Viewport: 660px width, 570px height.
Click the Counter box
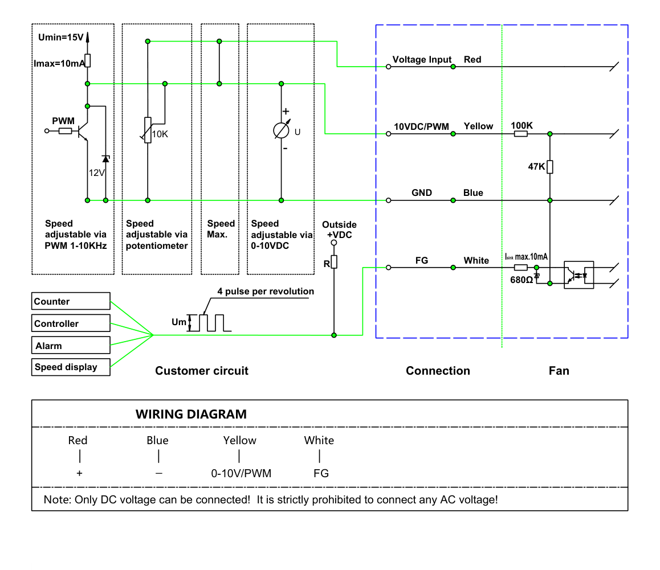(x=71, y=301)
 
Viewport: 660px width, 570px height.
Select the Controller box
(x=71, y=323)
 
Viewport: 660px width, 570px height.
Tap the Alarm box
(x=71, y=345)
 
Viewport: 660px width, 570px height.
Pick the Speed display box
(x=71, y=367)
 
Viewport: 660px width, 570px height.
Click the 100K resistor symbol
(x=521, y=134)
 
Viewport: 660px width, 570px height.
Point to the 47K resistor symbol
(x=550, y=167)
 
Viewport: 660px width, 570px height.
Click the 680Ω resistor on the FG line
(x=521, y=268)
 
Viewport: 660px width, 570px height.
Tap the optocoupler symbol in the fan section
(x=578, y=275)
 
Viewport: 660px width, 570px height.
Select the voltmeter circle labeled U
(x=281, y=130)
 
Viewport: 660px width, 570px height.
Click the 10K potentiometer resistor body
(x=148, y=130)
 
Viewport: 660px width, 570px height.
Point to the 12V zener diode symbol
(x=105, y=159)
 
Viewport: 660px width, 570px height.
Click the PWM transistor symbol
(x=83, y=131)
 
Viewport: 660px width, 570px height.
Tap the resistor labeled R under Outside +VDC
(x=334, y=261)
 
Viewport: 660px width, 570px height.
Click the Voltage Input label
(x=422, y=59)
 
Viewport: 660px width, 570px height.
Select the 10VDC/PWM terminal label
(x=421, y=126)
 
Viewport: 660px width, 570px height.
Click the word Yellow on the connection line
(x=478, y=126)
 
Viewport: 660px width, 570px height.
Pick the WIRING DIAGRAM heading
(x=191, y=415)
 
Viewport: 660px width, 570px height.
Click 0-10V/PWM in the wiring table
(x=241, y=473)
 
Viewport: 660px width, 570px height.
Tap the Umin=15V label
(x=61, y=37)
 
